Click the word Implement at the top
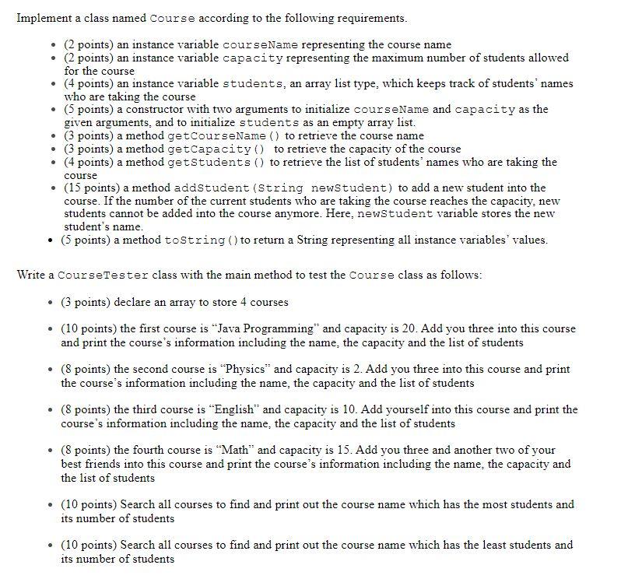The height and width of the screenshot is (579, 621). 44,18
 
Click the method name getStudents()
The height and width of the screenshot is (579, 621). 216,162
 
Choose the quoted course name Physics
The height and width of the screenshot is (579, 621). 244,370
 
